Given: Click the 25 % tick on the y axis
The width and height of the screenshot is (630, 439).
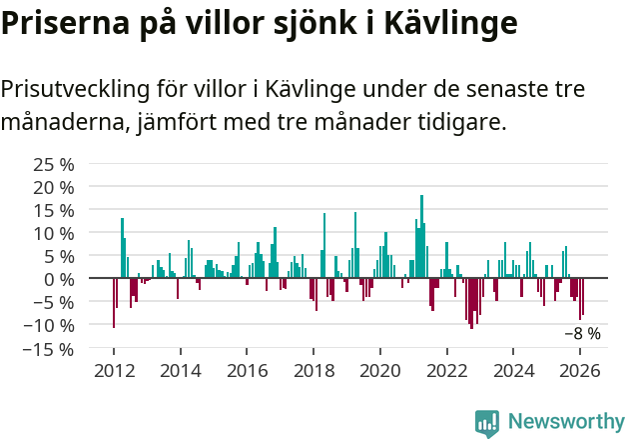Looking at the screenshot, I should point(54,164).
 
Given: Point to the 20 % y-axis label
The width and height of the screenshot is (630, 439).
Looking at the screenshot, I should point(54,187).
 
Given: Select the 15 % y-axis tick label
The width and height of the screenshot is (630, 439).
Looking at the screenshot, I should point(54,210).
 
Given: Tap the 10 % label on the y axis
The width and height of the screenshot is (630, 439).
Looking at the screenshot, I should point(54,233).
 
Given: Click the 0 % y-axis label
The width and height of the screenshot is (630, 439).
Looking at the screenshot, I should point(59,279).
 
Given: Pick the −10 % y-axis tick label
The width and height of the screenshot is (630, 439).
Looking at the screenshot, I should point(50,325).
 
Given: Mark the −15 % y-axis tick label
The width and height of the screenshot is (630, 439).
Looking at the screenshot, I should point(50,349).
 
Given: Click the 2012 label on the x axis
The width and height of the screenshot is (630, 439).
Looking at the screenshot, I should point(113,371).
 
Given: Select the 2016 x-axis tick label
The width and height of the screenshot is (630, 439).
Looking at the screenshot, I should point(247,371).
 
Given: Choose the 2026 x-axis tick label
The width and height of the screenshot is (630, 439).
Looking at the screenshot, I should point(580,371).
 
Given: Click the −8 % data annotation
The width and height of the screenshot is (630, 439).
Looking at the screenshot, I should point(582,334).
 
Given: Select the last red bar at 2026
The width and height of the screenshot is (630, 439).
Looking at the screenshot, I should point(583,295).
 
